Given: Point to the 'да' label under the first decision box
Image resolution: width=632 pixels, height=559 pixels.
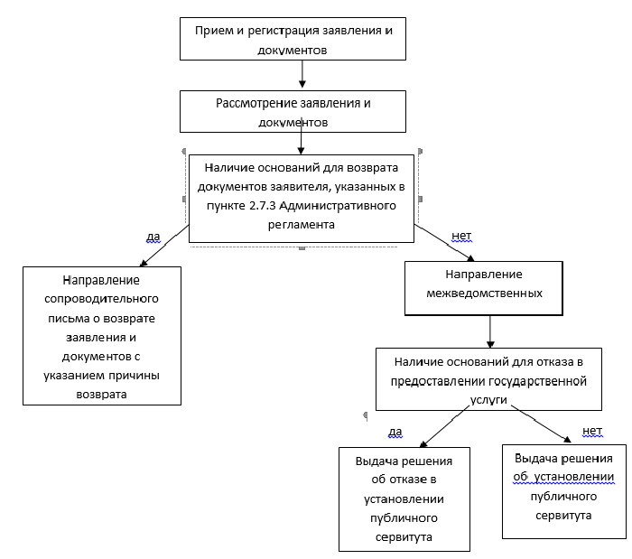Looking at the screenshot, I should [153, 237].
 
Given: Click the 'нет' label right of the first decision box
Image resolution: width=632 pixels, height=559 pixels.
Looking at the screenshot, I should [460, 237].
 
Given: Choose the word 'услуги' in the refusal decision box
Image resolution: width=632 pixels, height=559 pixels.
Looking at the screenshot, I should [487, 398].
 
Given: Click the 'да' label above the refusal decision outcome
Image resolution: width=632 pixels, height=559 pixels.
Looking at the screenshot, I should [395, 432].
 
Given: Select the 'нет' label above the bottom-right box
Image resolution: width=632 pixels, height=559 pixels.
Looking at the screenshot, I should [591, 430].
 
